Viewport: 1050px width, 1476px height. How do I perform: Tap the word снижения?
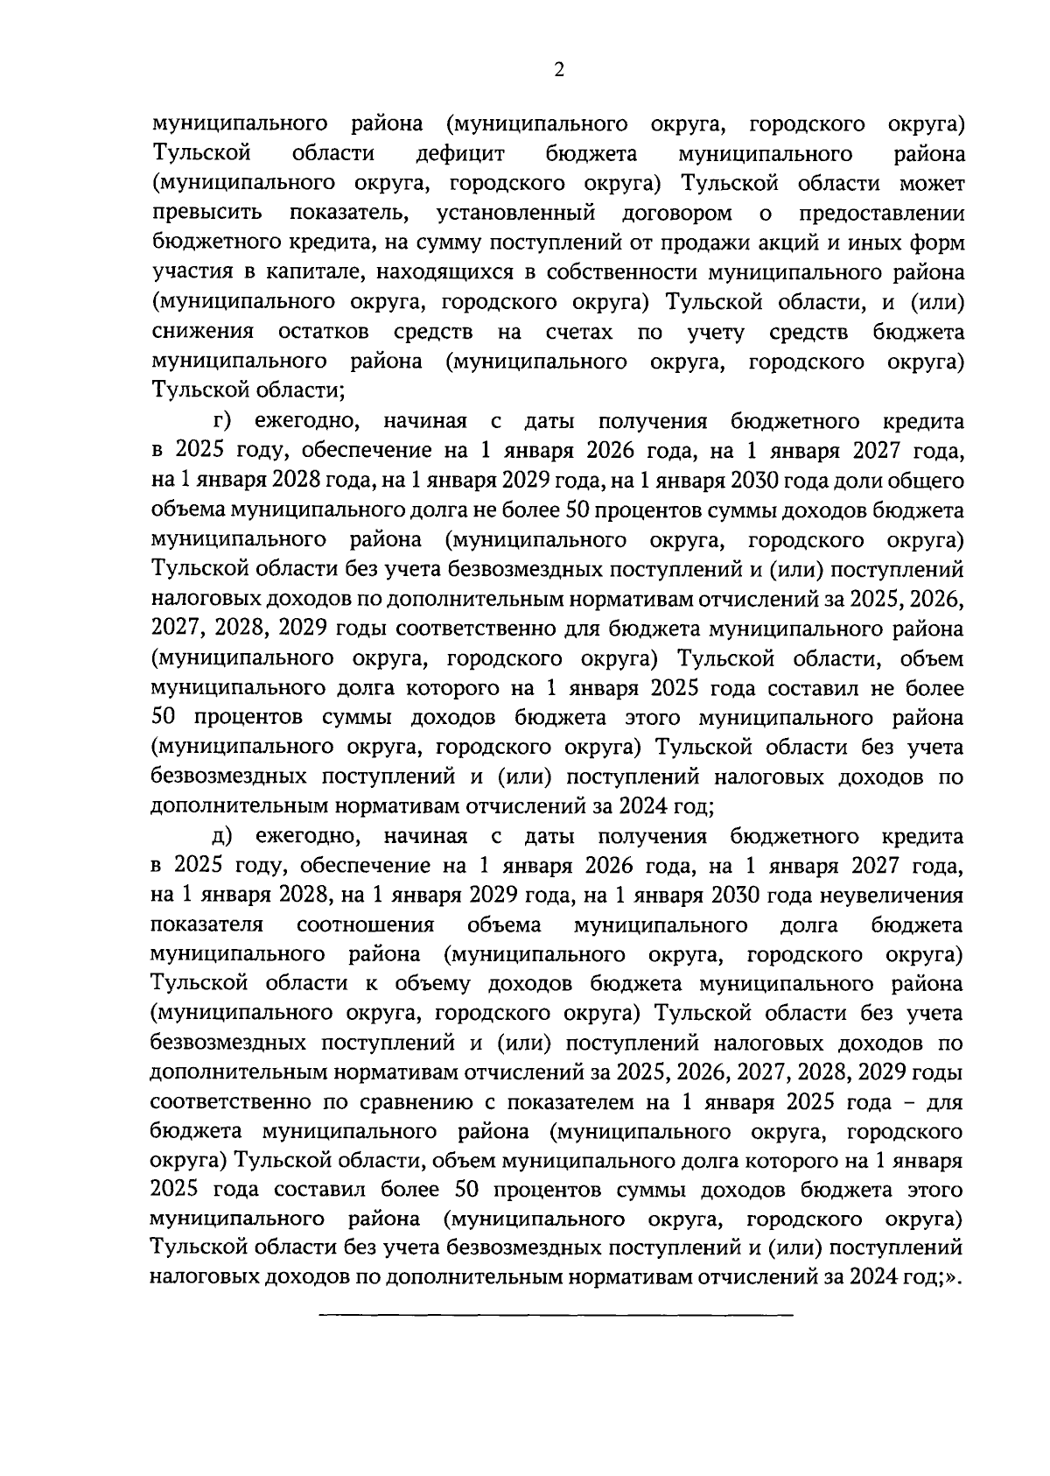[203, 332]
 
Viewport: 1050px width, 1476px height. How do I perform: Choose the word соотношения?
[366, 925]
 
